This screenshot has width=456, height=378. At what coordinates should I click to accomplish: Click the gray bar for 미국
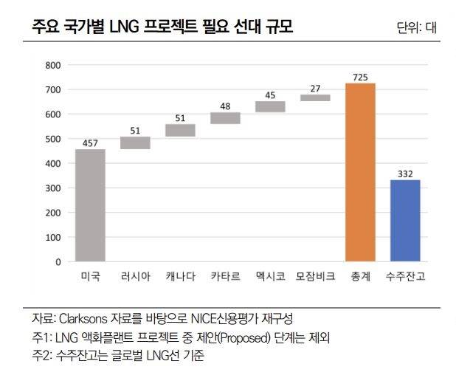[x=90, y=205]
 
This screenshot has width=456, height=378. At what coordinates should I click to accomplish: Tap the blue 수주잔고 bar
[x=405, y=221]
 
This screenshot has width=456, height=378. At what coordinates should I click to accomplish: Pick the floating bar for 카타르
[x=225, y=118]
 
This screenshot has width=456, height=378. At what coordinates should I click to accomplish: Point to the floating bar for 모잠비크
[x=315, y=97]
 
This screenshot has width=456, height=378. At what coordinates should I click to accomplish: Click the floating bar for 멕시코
[x=270, y=106]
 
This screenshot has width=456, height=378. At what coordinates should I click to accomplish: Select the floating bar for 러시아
[x=135, y=142]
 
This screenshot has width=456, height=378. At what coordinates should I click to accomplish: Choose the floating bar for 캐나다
[x=180, y=130]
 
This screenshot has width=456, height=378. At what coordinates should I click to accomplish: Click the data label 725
[x=360, y=76]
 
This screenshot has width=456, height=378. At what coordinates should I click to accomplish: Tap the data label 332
[x=405, y=173]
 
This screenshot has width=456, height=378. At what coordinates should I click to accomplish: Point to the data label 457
[x=90, y=142]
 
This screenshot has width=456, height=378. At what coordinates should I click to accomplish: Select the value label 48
[x=225, y=106]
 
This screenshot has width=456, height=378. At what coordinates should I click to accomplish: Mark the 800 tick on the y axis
[x=52, y=65]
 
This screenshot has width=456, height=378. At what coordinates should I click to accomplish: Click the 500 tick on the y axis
[x=52, y=139]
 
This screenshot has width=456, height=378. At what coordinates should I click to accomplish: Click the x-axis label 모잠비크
[x=315, y=276]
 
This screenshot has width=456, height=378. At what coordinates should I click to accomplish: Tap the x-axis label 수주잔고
[x=405, y=276]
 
